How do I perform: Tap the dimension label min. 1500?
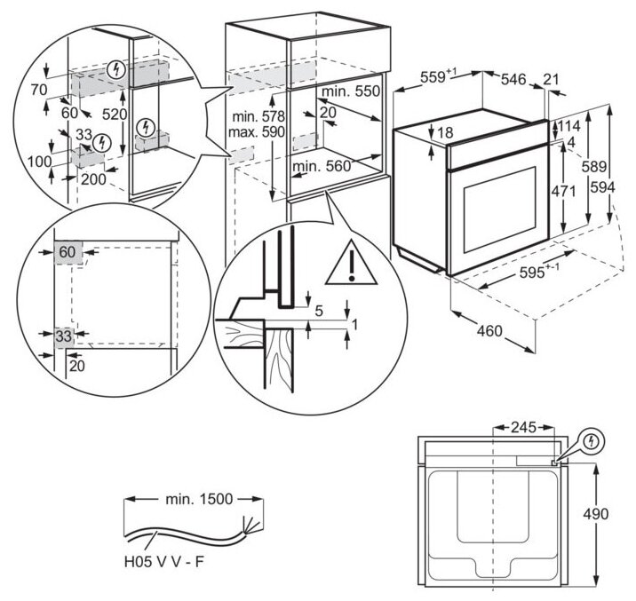(200, 499)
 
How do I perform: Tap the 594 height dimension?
(619, 186)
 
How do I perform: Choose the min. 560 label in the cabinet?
(322, 165)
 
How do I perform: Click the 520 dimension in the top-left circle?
(115, 115)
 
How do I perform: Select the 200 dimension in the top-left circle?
(93, 179)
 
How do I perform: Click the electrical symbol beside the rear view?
(592, 439)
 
